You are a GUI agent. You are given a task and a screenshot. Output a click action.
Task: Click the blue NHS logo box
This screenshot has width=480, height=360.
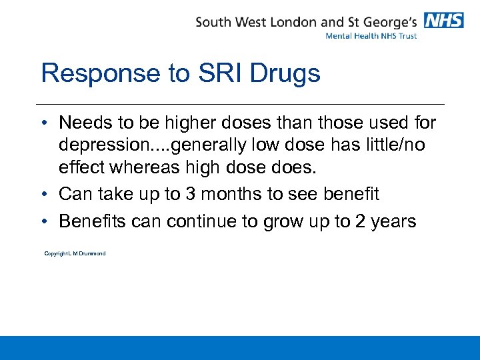tap(444, 21)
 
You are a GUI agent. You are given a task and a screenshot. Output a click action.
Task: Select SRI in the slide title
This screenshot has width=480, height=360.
tap(220, 73)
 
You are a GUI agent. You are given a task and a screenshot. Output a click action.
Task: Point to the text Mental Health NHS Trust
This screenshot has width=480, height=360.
tap(371, 36)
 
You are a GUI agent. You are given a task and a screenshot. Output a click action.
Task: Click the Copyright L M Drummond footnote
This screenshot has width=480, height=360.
tap(75, 253)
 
